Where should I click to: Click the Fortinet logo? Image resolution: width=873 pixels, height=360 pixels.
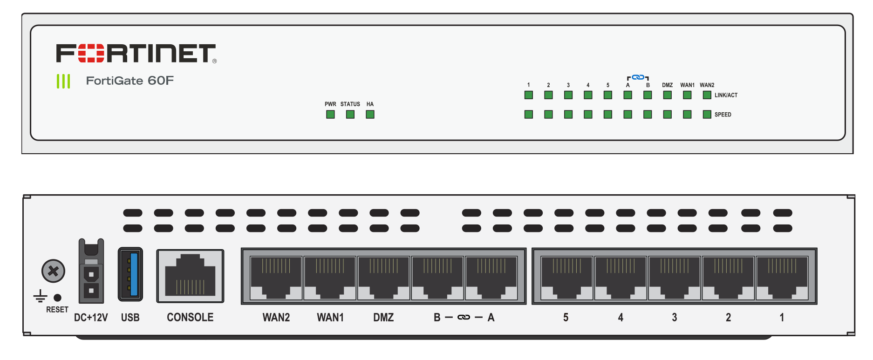click(x=136, y=54)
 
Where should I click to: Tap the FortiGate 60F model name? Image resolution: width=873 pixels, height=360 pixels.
click(x=130, y=81)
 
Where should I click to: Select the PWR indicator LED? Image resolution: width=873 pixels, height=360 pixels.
click(x=330, y=115)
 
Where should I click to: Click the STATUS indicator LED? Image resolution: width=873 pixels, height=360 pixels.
click(x=350, y=115)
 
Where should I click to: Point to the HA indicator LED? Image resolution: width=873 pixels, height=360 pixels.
click(x=370, y=115)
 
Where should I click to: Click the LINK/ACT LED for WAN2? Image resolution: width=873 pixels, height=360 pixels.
click(x=707, y=95)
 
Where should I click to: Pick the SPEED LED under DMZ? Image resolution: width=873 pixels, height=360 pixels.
click(x=667, y=115)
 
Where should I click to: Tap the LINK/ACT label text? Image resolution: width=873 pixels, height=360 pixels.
click(x=726, y=95)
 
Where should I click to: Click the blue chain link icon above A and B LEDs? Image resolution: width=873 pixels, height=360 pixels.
click(x=638, y=77)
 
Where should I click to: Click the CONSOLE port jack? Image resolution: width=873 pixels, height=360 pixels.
click(x=190, y=276)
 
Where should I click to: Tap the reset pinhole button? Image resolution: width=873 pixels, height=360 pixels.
click(x=58, y=298)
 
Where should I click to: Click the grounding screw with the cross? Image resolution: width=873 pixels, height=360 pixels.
click(x=53, y=271)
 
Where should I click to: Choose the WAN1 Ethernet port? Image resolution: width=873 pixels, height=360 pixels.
click(x=330, y=278)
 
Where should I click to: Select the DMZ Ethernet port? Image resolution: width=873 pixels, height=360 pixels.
click(x=383, y=278)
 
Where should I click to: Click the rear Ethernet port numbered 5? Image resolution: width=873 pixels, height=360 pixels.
click(x=566, y=278)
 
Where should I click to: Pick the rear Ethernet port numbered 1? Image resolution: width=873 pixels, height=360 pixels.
click(x=782, y=278)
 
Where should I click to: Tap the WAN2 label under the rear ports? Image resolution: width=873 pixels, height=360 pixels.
click(x=276, y=318)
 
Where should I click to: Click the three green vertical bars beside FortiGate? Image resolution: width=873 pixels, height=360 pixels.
click(x=63, y=81)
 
